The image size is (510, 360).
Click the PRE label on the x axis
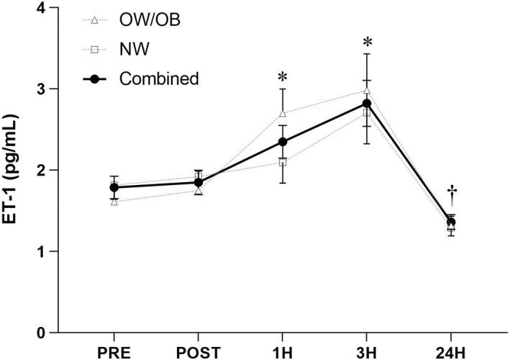click(x=114, y=351)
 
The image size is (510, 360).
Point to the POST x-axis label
click(x=198, y=351)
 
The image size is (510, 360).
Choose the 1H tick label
click(x=283, y=351)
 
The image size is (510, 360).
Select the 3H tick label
click(x=367, y=351)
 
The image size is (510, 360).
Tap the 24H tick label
click(x=451, y=351)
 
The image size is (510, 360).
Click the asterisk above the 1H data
click(x=283, y=77)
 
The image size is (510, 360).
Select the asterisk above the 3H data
click(x=367, y=42)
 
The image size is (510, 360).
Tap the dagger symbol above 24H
click(x=452, y=192)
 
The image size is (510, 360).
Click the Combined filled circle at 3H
click(x=367, y=104)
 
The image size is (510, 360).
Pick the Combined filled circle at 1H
click(x=283, y=142)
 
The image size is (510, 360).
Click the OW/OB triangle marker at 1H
click(x=283, y=114)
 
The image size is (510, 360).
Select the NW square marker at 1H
click(x=283, y=162)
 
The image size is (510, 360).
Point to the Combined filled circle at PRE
click(x=114, y=187)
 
